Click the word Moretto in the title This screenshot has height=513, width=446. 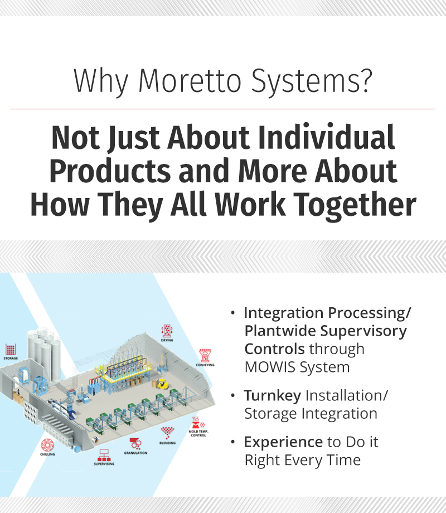tap(190, 81)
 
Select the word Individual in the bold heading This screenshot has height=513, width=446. tap(327, 137)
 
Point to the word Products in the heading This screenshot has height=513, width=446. tap(110, 171)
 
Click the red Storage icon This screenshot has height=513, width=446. tap(11, 350)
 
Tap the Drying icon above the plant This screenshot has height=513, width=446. tap(167, 331)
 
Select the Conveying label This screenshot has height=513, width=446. tap(205, 365)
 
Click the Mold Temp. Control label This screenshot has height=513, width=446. tap(198, 433)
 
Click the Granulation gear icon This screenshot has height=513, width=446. tap(135, 444)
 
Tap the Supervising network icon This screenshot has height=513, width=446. tap(104, 455)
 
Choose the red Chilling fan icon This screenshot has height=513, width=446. tap(47, 445)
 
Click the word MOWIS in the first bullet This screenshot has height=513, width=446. tap(270, 367)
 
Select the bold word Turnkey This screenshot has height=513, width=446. tap(273, 396)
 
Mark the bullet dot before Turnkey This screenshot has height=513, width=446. tap(232, 396)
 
